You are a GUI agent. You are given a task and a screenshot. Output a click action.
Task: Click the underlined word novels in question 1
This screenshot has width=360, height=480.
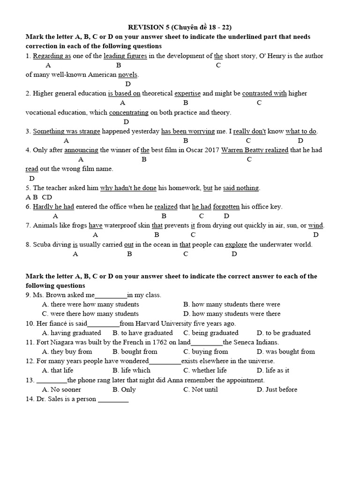[x=128, y=75]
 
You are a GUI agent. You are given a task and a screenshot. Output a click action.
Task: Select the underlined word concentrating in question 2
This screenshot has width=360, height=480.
[x=128, y=112]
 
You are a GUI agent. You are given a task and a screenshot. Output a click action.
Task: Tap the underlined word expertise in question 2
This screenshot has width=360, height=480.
[x=187, y=93]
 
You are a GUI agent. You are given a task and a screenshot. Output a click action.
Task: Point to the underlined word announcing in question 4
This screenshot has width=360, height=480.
[x=81, y=150]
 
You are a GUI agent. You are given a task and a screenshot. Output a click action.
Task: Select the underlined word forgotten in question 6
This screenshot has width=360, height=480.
[x=226, y=207]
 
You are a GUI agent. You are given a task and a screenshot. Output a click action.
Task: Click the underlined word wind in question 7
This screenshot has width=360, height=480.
[x=315, y=225]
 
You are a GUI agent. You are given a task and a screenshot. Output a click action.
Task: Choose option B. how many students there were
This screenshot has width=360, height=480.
[x=232, y=304]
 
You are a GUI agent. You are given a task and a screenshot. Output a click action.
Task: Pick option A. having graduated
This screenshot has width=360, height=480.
[x=71, y=333]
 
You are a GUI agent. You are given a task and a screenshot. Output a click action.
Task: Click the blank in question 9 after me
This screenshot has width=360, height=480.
[x=111, y=295]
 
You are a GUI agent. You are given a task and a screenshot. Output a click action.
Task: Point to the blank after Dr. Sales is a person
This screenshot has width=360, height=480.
[x=113, y=399]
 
